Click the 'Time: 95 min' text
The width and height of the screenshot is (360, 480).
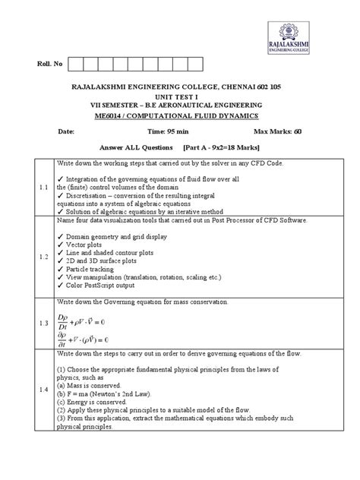pos(180,131)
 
